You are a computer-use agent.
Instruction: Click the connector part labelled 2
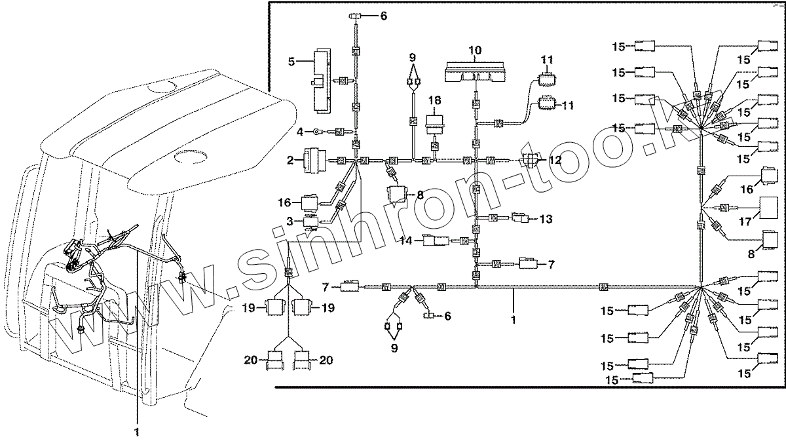point(312,159)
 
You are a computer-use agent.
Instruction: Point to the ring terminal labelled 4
point(316,132)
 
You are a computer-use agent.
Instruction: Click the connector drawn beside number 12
point(530,160)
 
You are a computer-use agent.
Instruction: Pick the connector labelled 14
point(436,241)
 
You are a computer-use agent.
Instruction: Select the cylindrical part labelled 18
point(433,125)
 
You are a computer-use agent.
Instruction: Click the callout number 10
point(475,50)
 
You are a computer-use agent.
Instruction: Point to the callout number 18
point(433,100)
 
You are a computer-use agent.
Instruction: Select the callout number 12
point(555,159)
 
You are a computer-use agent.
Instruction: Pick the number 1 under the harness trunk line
point(514,320)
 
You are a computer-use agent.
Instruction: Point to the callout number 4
point(300,132)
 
